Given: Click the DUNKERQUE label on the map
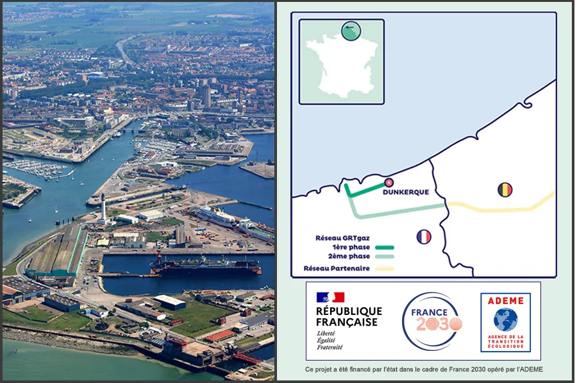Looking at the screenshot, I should coord(405,192).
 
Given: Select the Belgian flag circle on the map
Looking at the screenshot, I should coord(505,190).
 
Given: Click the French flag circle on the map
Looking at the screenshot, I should coord(423,237).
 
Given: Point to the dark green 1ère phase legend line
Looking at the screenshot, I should coord(381,247).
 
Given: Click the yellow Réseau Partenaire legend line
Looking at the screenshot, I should coord(381,268).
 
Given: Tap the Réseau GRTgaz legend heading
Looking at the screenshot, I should coord(342,237).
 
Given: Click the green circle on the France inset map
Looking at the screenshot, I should coord(351,31).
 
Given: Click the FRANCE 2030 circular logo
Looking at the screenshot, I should coord(431,321).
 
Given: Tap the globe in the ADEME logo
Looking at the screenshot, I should coord(505,319).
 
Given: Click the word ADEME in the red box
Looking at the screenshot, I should coord(505,300).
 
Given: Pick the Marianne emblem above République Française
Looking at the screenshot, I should coord(330,297).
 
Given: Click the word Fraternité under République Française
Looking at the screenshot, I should coord(330,347).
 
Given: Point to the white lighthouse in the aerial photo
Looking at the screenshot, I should coord(102,207).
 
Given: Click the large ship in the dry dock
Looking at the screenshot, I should coord(205,265).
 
